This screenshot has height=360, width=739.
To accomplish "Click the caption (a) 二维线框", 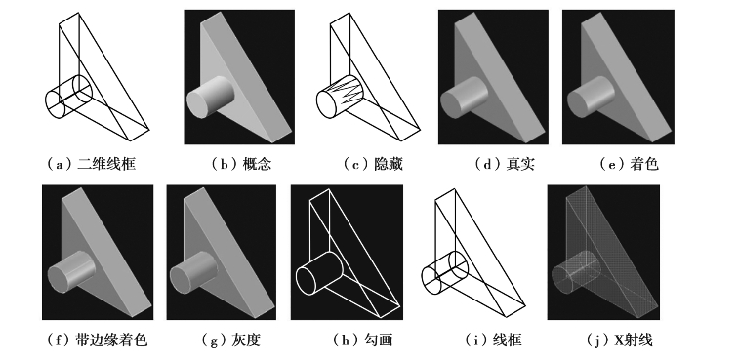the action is (x=91, y=164).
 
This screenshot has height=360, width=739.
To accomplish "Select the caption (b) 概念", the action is (x=241, y=164).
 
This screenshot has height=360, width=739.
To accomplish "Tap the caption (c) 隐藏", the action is (x=373, y=164).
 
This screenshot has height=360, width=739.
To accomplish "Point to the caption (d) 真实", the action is (x=505, y=164).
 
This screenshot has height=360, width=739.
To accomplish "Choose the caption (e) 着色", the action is (x=629, y=164).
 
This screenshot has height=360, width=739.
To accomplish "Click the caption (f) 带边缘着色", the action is (x=97, y=340).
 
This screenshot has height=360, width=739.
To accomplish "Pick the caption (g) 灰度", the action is (x=230, y=340).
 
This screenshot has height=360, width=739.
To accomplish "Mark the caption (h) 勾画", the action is (x=362, y=340).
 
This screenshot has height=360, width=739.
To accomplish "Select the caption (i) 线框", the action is (x=493, y=340).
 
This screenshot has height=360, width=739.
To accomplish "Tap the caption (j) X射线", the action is (x=619, y=340).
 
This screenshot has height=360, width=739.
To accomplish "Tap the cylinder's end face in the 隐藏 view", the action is (x=326, y=104).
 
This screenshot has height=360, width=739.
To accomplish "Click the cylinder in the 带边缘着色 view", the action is (x=71, y=273).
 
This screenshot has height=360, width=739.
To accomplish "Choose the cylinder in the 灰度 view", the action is (x=193, y=273).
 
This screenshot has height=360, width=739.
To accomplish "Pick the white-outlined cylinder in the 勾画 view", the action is (x=319, y=273).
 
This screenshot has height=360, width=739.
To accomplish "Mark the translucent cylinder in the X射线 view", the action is (x=576, y=273).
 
